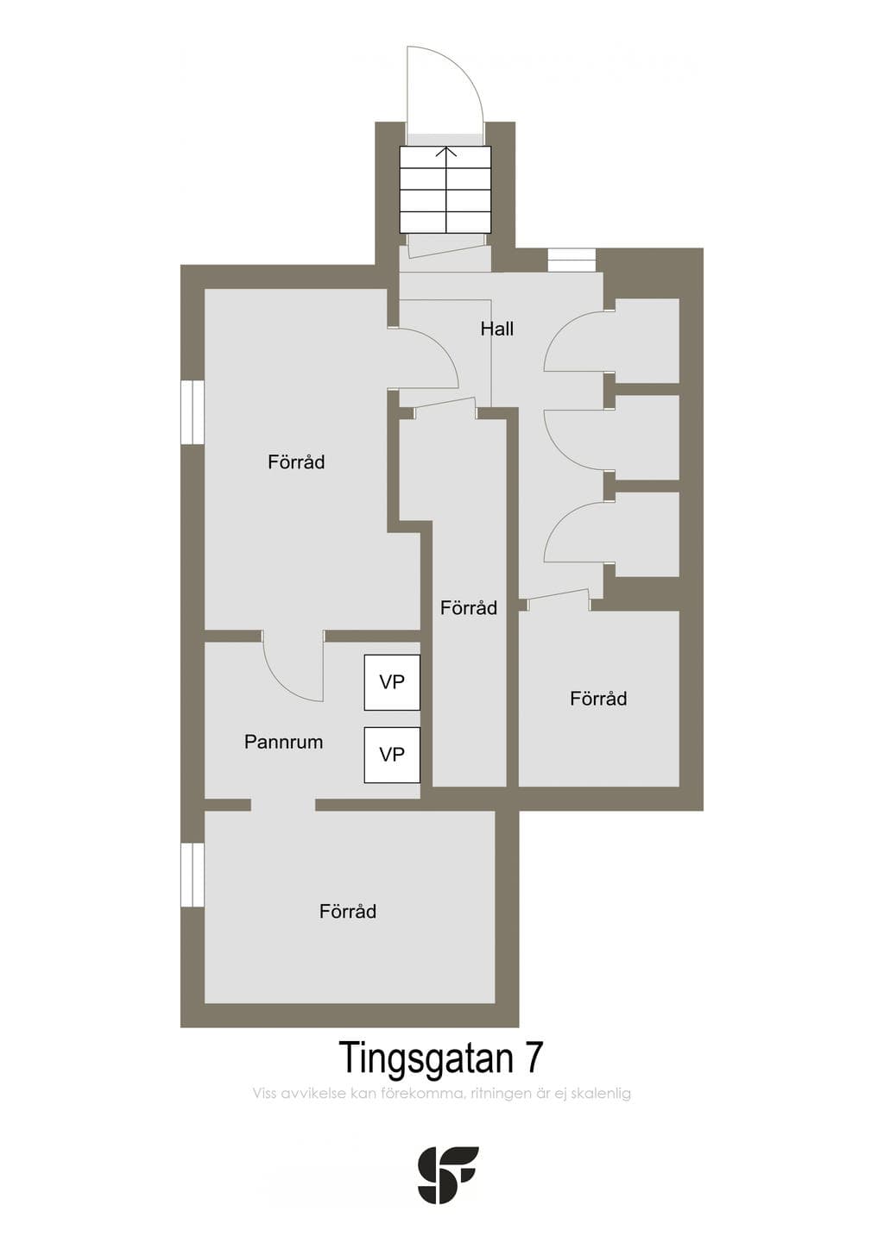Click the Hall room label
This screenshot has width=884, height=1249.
click(496, 329)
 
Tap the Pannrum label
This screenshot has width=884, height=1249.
click(283, 742)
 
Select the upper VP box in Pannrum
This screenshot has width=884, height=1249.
click(392, 682)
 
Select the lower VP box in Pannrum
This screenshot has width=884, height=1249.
click(392, 755)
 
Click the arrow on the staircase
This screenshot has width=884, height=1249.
click(446, 190)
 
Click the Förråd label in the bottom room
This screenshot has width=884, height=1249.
click(348, 912)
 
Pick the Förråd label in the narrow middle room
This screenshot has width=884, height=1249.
click(469, 608)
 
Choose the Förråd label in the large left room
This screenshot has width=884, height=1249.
click(296, 462)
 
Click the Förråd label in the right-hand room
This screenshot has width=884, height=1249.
click(598, 699)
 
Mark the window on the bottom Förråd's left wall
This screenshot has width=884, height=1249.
click(192, 875)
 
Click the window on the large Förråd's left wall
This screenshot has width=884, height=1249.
click(192, 412)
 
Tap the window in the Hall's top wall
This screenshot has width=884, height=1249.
click(571, 260)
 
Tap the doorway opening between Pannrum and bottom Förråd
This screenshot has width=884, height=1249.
click(283, 805)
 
